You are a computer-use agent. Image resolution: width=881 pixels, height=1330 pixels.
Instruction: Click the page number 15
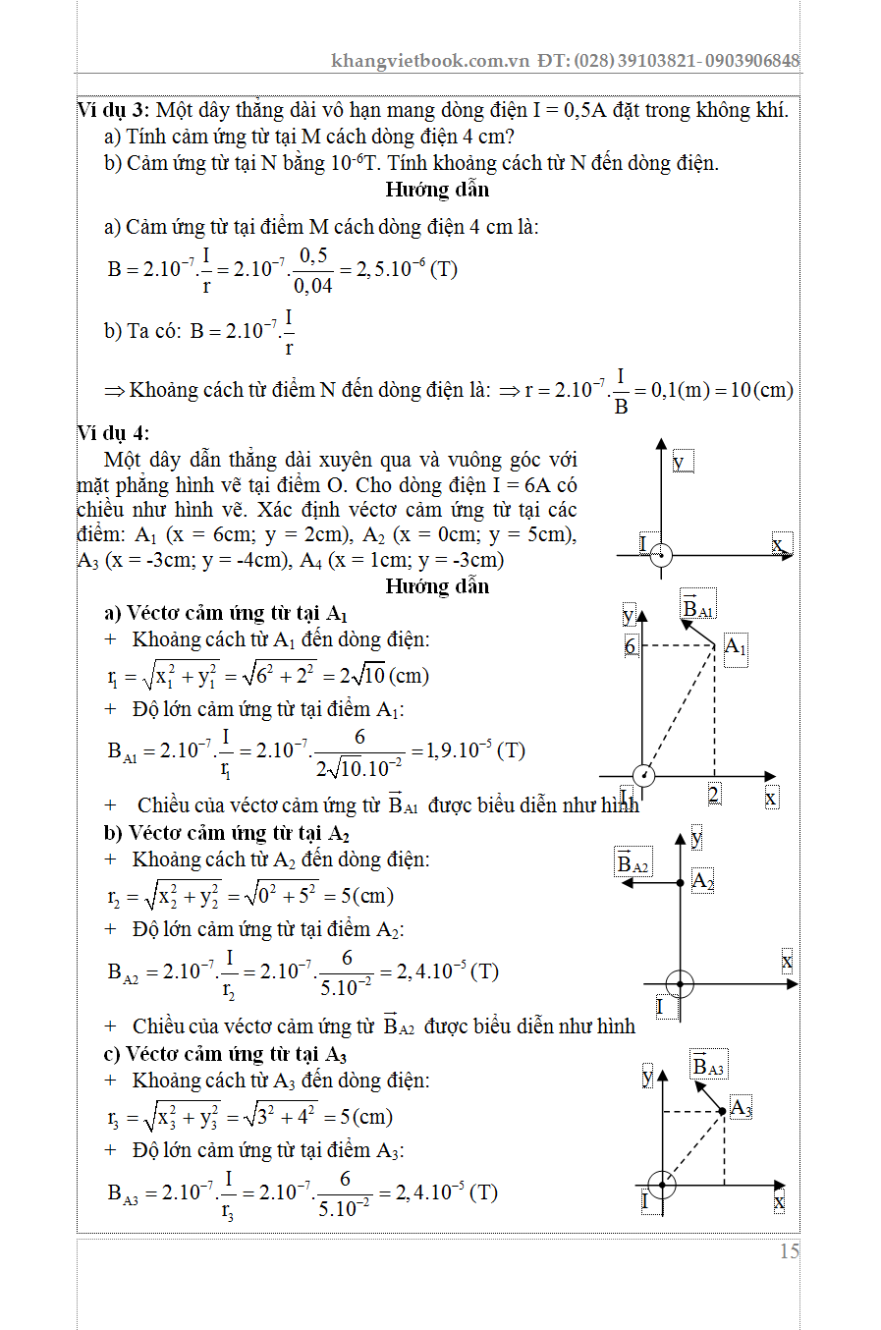tap(790, 1251)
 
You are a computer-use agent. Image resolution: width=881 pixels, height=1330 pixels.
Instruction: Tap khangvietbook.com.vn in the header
tap(430, 61)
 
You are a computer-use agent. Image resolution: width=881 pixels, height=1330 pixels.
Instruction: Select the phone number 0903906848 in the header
tap(751, 61)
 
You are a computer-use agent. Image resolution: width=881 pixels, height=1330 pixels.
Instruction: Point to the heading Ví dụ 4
tap(113, 433)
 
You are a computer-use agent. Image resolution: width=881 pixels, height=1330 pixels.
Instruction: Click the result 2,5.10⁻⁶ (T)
tap(405, 269)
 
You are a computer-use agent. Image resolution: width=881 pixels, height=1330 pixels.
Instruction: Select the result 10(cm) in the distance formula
tap(761, 390)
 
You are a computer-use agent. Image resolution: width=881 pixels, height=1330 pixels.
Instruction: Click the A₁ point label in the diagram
tap(735, 647)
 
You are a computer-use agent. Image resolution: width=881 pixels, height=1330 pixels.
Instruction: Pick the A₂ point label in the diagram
tap(702, 880)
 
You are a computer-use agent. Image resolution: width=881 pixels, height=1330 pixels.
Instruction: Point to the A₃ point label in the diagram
tap(741, 1109)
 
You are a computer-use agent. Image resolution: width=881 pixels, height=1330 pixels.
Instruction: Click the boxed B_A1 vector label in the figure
tap(697, 608)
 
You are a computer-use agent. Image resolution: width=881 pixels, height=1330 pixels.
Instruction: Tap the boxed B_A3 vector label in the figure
tap(707, 1067)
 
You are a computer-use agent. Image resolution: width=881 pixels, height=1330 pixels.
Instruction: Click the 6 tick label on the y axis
tap(631, 646)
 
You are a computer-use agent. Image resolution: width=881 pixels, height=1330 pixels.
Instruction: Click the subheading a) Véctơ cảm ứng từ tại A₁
tap(226, 614)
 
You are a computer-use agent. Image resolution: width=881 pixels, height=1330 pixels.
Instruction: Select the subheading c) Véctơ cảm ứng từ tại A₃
tap(225, 1055)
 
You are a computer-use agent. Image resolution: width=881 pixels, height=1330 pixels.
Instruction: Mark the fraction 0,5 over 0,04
tap(313, 270)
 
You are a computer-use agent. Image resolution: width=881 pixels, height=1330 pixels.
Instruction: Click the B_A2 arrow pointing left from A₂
tap(650, 883)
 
